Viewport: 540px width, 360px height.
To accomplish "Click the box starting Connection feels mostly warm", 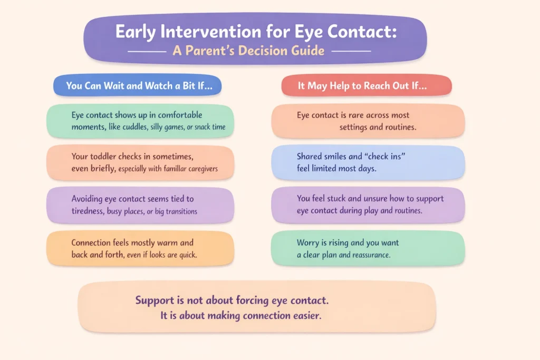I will coord(140,248).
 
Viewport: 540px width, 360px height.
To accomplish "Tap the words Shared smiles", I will coord(324,156).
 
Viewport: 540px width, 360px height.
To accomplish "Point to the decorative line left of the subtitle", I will coord(147,52).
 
